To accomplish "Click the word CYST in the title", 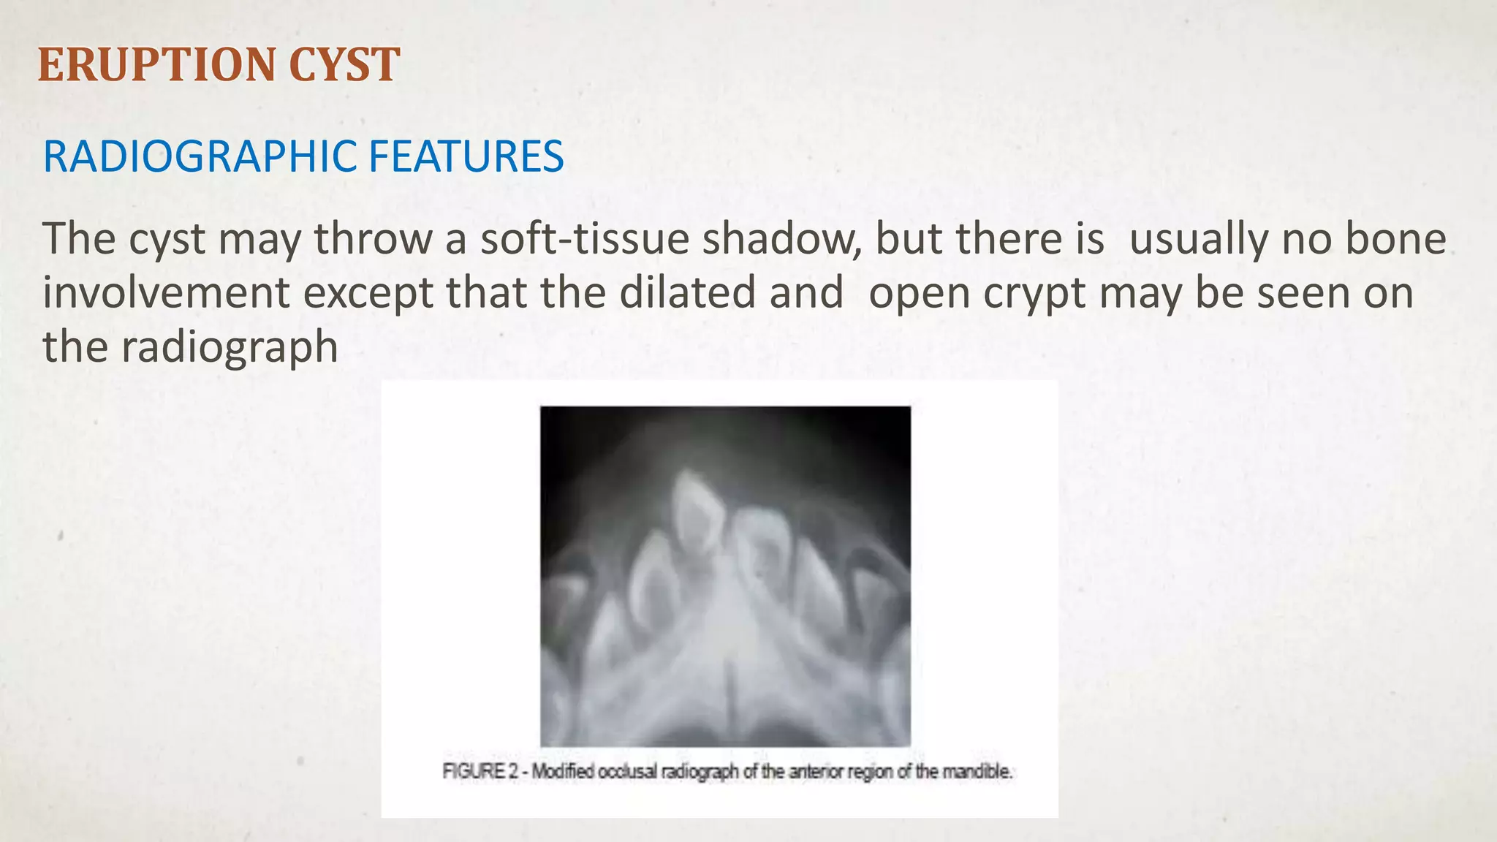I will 344,64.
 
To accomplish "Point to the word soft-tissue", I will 584,239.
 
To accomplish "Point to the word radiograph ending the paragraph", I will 229,347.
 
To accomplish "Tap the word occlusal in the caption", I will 628,772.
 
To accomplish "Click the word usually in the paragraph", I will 1196,240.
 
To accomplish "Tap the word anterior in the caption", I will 818,772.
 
